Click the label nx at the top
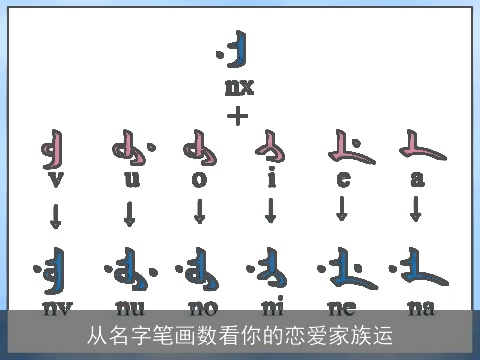coord(239,87)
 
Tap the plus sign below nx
coord(238,115)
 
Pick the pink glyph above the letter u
coord(131,151)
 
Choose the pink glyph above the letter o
coord(200,151)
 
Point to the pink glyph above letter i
coord(271,150)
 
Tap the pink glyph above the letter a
coord(419,149)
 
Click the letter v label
coord(55,180)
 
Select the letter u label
coord(131,180)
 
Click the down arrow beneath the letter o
coord(200,212)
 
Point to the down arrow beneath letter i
coord(271,212)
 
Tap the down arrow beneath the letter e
coord(343,210)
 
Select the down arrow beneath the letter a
coord(416,210)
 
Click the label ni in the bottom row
coord(273,307)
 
